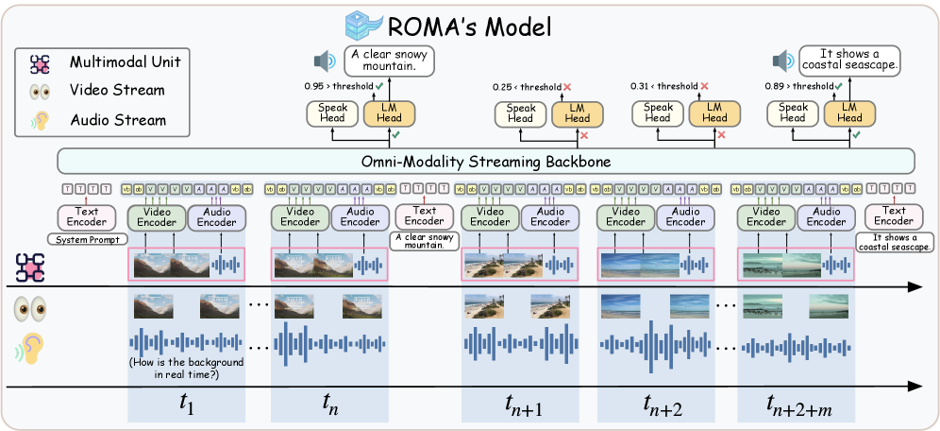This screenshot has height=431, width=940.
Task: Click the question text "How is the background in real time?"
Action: (x=186, y=369)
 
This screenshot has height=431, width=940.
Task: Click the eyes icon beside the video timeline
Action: (x=27, y=307)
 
